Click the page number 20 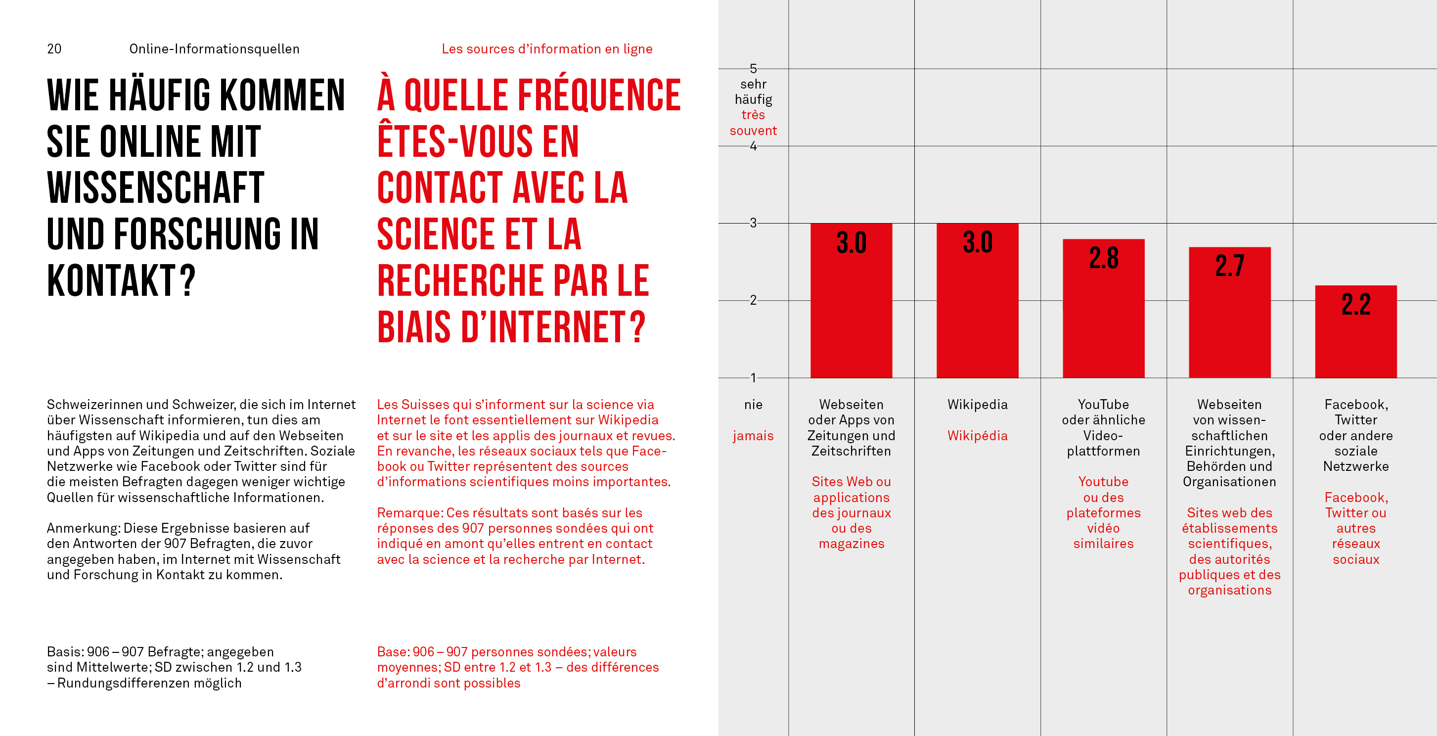pos(54,49)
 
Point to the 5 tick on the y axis pos(753,69)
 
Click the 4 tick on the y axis pos(753,146)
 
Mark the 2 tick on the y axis pos(753,300)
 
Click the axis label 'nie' pos(753,405)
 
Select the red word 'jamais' pos(753,436)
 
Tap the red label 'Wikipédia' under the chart pos(977,436)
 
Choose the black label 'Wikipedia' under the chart pos(977,405)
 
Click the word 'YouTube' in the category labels pos(1103,405)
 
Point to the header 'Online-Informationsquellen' pos(214,49)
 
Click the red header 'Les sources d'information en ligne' pos(547,49)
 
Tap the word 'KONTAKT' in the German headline pos(112,280)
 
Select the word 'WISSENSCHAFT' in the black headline pos(155,188)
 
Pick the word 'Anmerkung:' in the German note pos(83,528)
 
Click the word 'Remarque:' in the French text pos(409,513)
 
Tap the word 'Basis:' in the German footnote pos(65,652)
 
